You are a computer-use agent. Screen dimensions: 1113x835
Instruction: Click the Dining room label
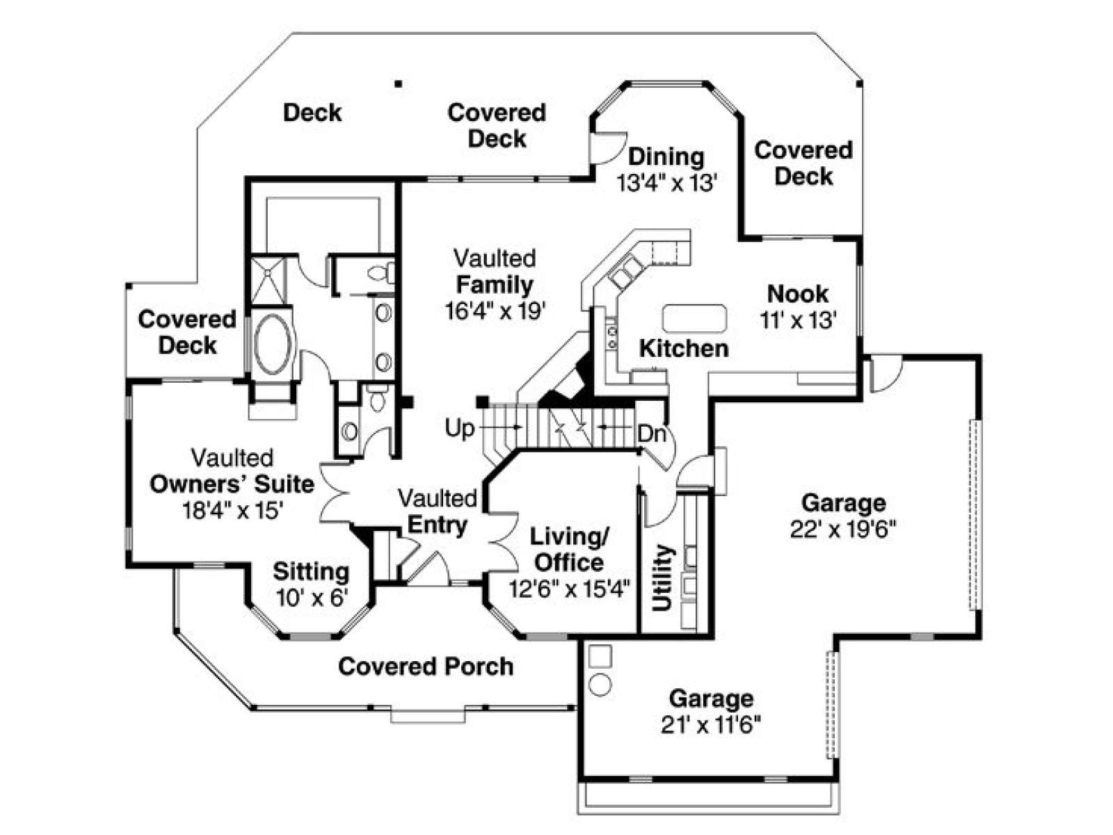pyautogui.click(x=666, y=157)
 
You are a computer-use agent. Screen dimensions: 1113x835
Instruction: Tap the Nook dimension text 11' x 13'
pyautogui.click(x=798, y=320)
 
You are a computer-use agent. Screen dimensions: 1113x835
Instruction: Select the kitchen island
pyautogui.click(x=695, y=318)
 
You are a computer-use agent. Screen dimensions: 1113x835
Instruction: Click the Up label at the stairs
pyautogui.click(x=459, y=429)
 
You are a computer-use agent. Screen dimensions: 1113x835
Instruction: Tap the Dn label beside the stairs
pyautogui.click(x=651, y=434)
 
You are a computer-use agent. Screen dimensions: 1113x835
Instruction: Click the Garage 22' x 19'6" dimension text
pyautogui.click(x=843, y=530)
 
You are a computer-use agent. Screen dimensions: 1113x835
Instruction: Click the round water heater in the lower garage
pyautogui.click(x=600, y=685)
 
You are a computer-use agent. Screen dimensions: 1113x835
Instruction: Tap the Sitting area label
pyautogui.click(x=311, y=571)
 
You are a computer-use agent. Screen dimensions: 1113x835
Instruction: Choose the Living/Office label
pyautogui.click(x=570, y=550)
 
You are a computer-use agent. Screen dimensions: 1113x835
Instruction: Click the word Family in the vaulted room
pyautogui.click(x=495, y=285)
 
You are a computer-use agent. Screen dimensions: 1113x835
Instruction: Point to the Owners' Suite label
pyautogui.click(x=232, y=484)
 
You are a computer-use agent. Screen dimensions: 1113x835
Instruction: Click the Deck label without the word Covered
pyautogui.click(x=312, y=112)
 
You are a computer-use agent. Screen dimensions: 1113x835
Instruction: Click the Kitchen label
pyautogui.click(x=684, y=349)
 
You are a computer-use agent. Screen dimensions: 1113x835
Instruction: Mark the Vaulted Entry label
pyautogui.click(x=437, y=512)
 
